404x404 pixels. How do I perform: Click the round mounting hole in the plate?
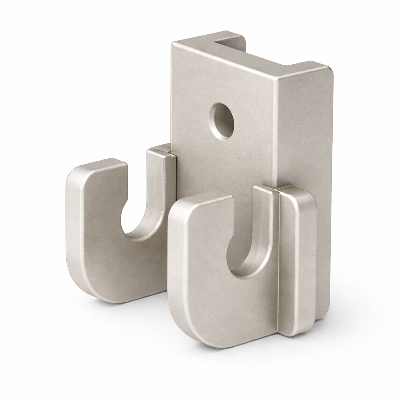click(222, 121)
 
